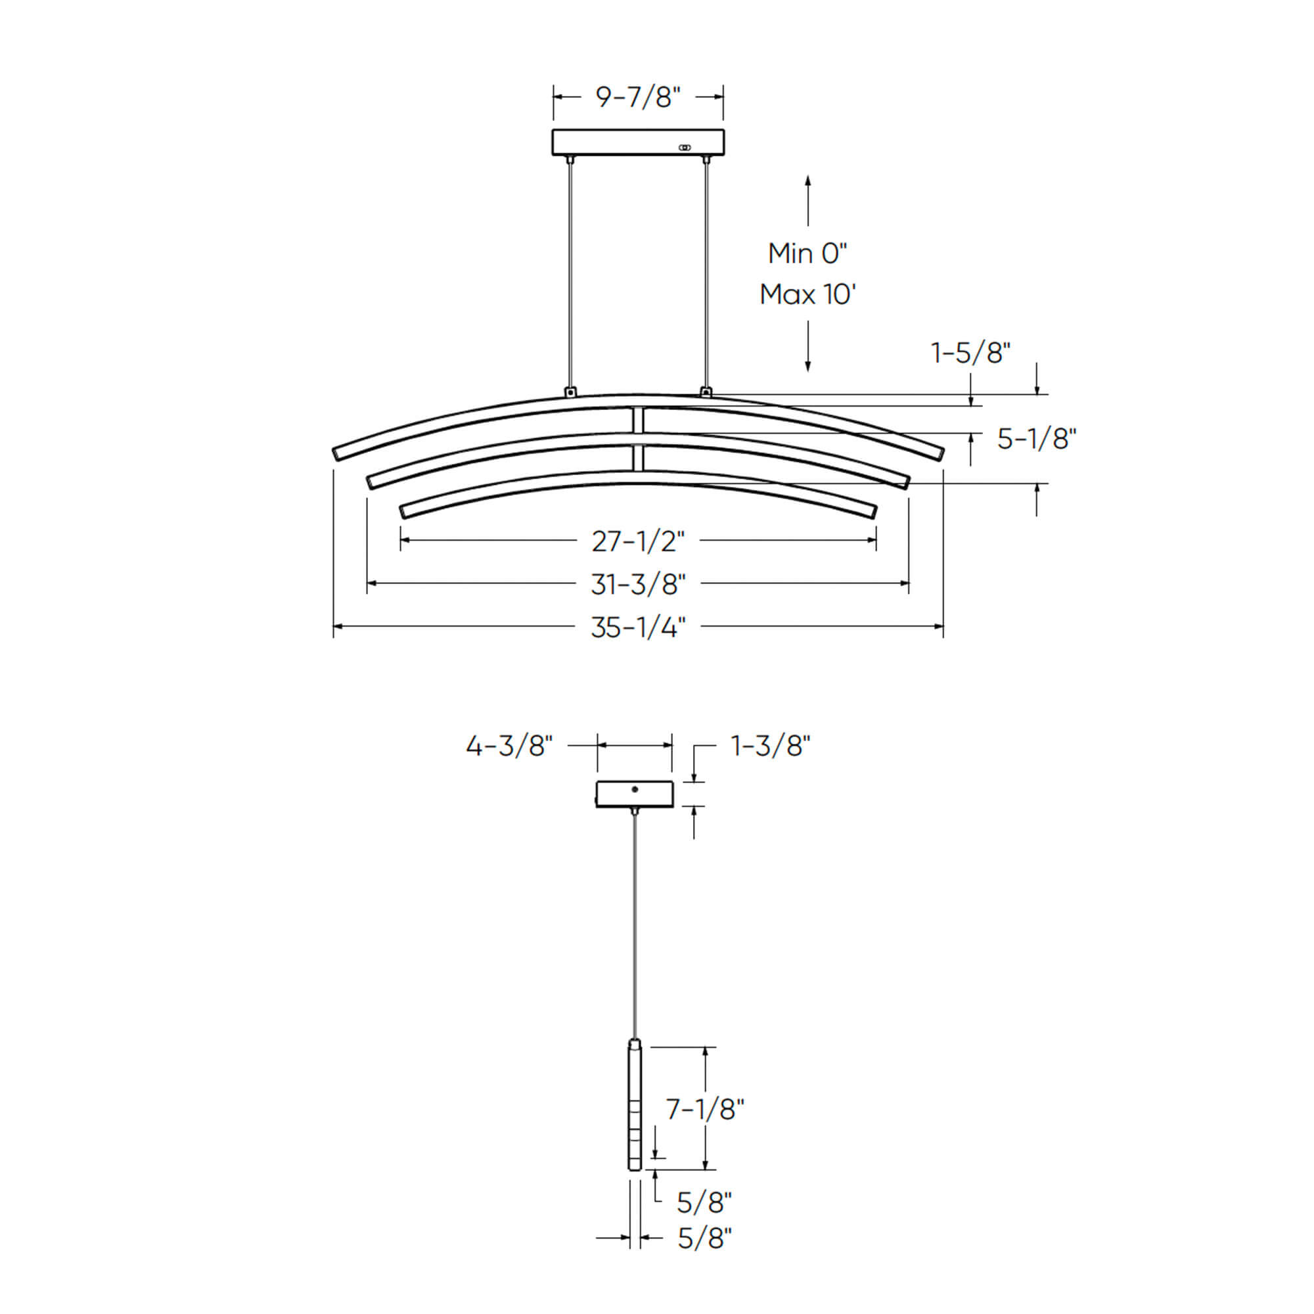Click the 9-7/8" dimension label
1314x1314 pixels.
[638, 97]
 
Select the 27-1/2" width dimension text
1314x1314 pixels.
[638, 541]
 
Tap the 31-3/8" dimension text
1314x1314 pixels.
[638, 584]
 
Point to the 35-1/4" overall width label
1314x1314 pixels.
[638, 627]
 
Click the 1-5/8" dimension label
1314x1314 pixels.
[970, 353]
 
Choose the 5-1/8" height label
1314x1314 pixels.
[1037, 439]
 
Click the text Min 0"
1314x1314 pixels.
[808, 254]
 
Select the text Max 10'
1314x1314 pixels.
[808, 294]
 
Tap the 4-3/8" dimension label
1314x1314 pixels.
[509, 746]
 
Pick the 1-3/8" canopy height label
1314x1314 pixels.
[771, 746]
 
